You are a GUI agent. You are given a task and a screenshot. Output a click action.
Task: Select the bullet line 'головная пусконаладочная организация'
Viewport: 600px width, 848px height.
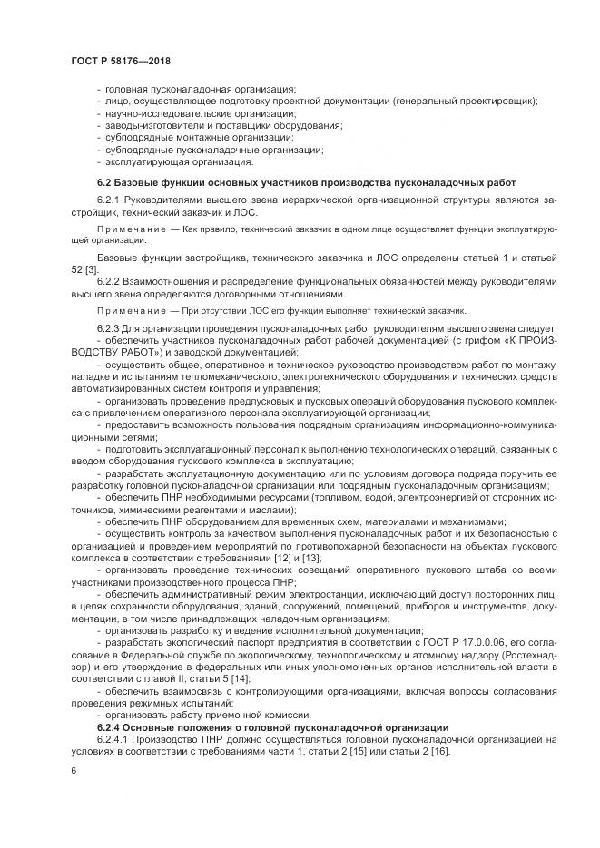tap(201, 88)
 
